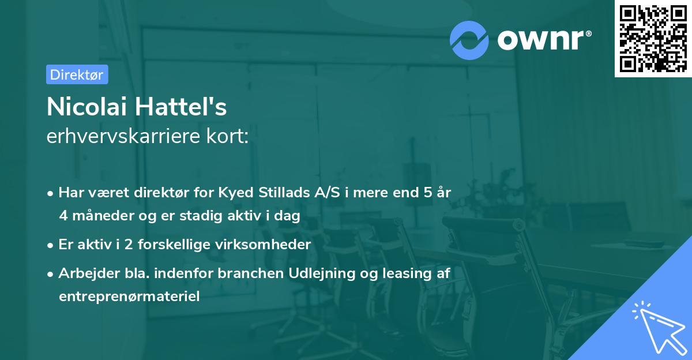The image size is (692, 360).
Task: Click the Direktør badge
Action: click(77, 74)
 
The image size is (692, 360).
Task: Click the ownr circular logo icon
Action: click(469, 40)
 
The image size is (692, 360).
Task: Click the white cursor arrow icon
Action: click(658, 328)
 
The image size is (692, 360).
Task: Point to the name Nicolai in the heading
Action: click(86, 107)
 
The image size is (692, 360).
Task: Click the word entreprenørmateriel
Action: click(129, 297)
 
